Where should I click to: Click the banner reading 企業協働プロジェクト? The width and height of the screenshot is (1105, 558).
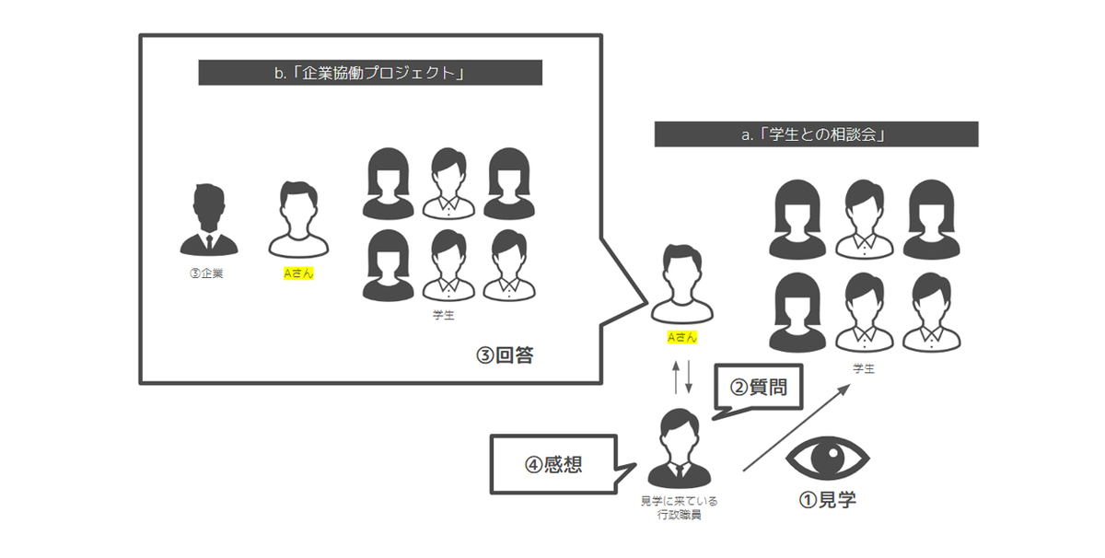pos(370,73)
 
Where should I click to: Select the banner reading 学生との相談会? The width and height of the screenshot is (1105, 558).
pos(816,134)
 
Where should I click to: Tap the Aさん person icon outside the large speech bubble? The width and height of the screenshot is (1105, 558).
pos(681,285)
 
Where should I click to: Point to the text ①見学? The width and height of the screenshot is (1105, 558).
pos(827,500)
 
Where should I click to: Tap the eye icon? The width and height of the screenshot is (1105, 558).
pos(827,455)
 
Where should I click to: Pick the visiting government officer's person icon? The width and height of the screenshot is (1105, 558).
pos(680,448)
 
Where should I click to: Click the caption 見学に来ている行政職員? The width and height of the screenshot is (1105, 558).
pos(680,507)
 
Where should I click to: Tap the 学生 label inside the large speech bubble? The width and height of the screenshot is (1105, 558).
pos(443,315)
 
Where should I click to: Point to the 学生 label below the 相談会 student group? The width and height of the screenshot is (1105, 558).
pos(863,368)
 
